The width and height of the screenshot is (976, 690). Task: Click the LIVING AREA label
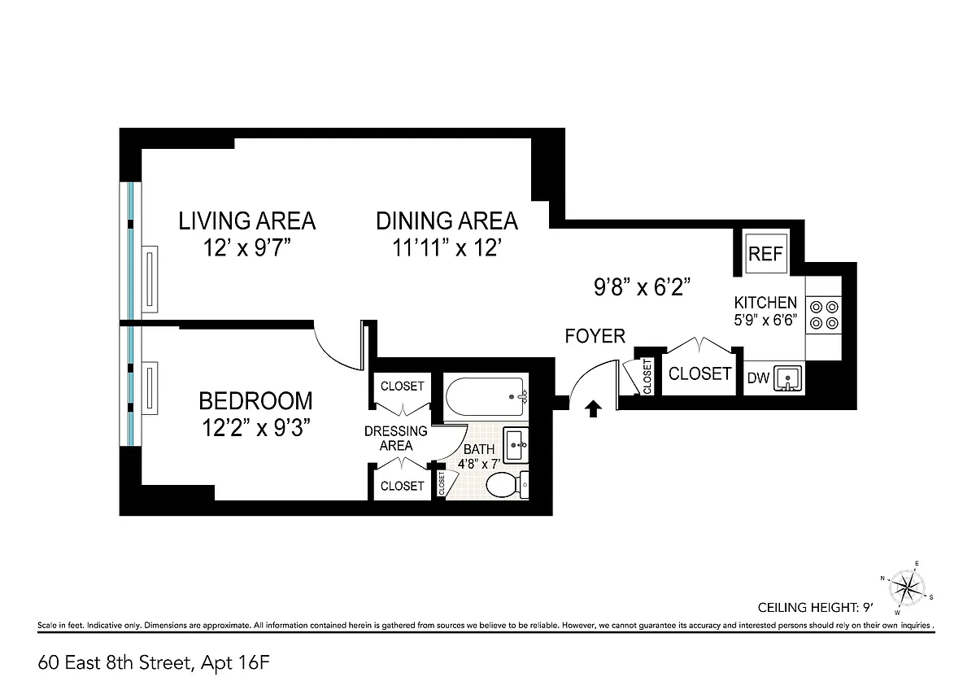click(x=246, y=221)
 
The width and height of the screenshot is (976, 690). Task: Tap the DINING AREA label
click(x=447, y=221)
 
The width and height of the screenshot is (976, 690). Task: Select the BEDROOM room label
click(x=255, y=400)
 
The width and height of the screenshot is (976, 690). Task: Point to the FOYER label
click(x=595, y=336)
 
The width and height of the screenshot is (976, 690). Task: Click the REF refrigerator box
click(x=765, y=253)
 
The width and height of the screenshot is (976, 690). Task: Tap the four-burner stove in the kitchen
click(x=823, y=315)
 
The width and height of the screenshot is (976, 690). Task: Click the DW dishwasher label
click(x=758, y=378)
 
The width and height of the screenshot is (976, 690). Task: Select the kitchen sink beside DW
click(x=788, y=378)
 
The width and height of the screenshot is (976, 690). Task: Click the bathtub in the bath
click(x=486, y=396)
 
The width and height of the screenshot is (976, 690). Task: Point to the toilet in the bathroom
click(x=507, y=485)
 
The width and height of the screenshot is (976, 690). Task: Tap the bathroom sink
click(x=516, y=445)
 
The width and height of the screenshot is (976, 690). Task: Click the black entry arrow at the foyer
click(x=593, y=409)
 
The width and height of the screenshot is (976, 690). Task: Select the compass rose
click(x=906, y=588)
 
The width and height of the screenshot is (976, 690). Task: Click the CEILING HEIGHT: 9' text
click(x=815, y=607)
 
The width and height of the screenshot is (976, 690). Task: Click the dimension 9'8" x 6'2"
click(x=643, y=287)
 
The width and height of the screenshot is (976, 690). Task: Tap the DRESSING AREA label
click(x=395, y=438)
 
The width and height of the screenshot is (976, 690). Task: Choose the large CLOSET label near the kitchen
click(x=699, y=373)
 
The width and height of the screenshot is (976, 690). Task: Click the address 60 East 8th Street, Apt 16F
click(x=154, y=663)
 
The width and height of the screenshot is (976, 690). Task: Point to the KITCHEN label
click(x=765, y=303)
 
